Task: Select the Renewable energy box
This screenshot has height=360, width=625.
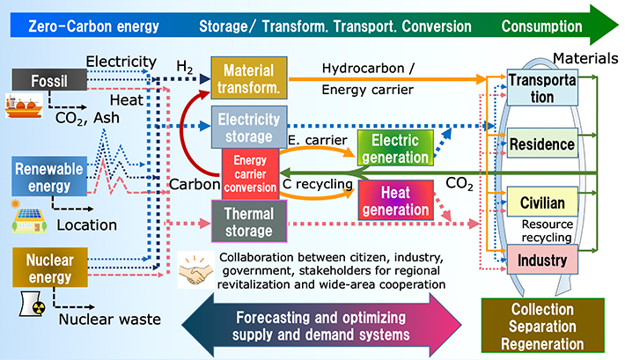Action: (x=45, y=176)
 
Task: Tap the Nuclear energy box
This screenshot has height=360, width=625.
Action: (x=44, y=267)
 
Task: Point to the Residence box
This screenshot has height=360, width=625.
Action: (x=542, y=143)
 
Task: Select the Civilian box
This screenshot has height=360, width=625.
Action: (x=542, y=203)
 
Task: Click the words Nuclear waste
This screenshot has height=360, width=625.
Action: (x=109, y=319)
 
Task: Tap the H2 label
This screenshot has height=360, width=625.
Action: (x=184, y=68)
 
